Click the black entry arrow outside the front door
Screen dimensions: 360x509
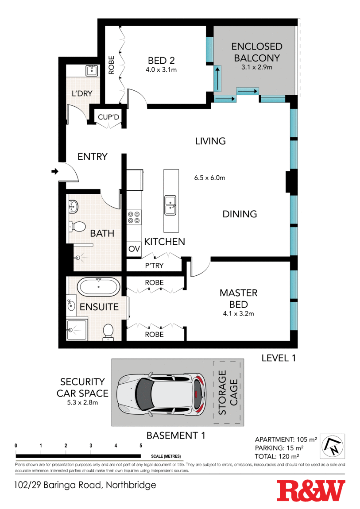pos(55,171)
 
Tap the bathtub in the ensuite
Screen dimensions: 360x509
pos(98,287)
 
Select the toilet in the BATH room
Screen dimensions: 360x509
pos(77,226)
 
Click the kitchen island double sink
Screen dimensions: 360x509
pos(170,205)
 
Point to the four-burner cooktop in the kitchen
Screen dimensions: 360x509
pos(134,217)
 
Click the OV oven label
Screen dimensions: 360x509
pos(134,249)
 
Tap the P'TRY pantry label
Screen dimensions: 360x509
pos(154,266)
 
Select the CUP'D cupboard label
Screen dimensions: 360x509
pos(108,117)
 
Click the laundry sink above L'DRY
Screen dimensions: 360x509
pos(92,70)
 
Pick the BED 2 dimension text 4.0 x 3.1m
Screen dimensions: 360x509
pos(161,69)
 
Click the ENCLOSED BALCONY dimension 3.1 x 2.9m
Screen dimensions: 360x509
pos(257,67)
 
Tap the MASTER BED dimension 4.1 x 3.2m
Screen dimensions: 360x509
pos(239,313)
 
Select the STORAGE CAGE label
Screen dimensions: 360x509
pos(228,392)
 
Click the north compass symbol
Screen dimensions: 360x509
pos(333,446)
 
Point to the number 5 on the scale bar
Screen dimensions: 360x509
pos(141,446)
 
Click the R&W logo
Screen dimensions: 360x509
pos(311,491)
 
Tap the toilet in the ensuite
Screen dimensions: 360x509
pos(108,332)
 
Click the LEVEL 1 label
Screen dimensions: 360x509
pos(279,358)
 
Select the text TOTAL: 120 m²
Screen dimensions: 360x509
pos(277,456)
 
